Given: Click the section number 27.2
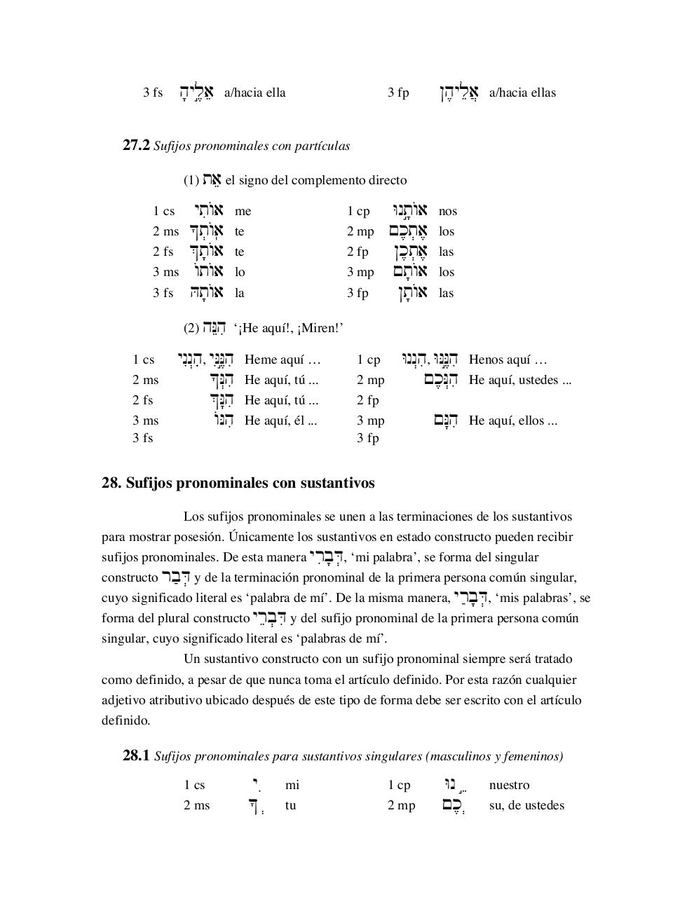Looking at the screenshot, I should [x=136, y=146].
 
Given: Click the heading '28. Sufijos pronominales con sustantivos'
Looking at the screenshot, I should [x=238, y=483].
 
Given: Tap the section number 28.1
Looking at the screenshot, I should [x=136, y=756].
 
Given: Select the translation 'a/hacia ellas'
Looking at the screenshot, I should [x=522, y=93].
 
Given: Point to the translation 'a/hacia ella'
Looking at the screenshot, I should [x=254, y=93].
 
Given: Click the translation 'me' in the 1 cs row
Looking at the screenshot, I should [x=243, y=211].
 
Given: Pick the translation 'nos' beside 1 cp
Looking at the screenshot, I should [x=447, y=211].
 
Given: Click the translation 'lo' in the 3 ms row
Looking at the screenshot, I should [x=240, y=272].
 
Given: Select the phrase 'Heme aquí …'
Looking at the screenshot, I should [x=282, y=360].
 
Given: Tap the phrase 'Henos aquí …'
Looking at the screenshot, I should [x=508, y=360].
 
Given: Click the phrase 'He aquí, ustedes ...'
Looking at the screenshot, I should [x=519, y=380].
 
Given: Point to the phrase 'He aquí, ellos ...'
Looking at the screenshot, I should [x=512, y=420].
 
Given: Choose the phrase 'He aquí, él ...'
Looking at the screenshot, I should [x=280, y=420].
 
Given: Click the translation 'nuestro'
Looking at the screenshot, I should [x=509, y=785].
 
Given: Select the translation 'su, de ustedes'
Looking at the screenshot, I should [x=526, y=805].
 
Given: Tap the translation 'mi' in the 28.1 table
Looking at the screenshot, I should [x=292, y=785].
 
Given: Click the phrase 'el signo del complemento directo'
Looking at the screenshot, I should [x=315, y=180].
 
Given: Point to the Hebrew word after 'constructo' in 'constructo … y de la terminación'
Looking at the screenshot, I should [x=175, y=577].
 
